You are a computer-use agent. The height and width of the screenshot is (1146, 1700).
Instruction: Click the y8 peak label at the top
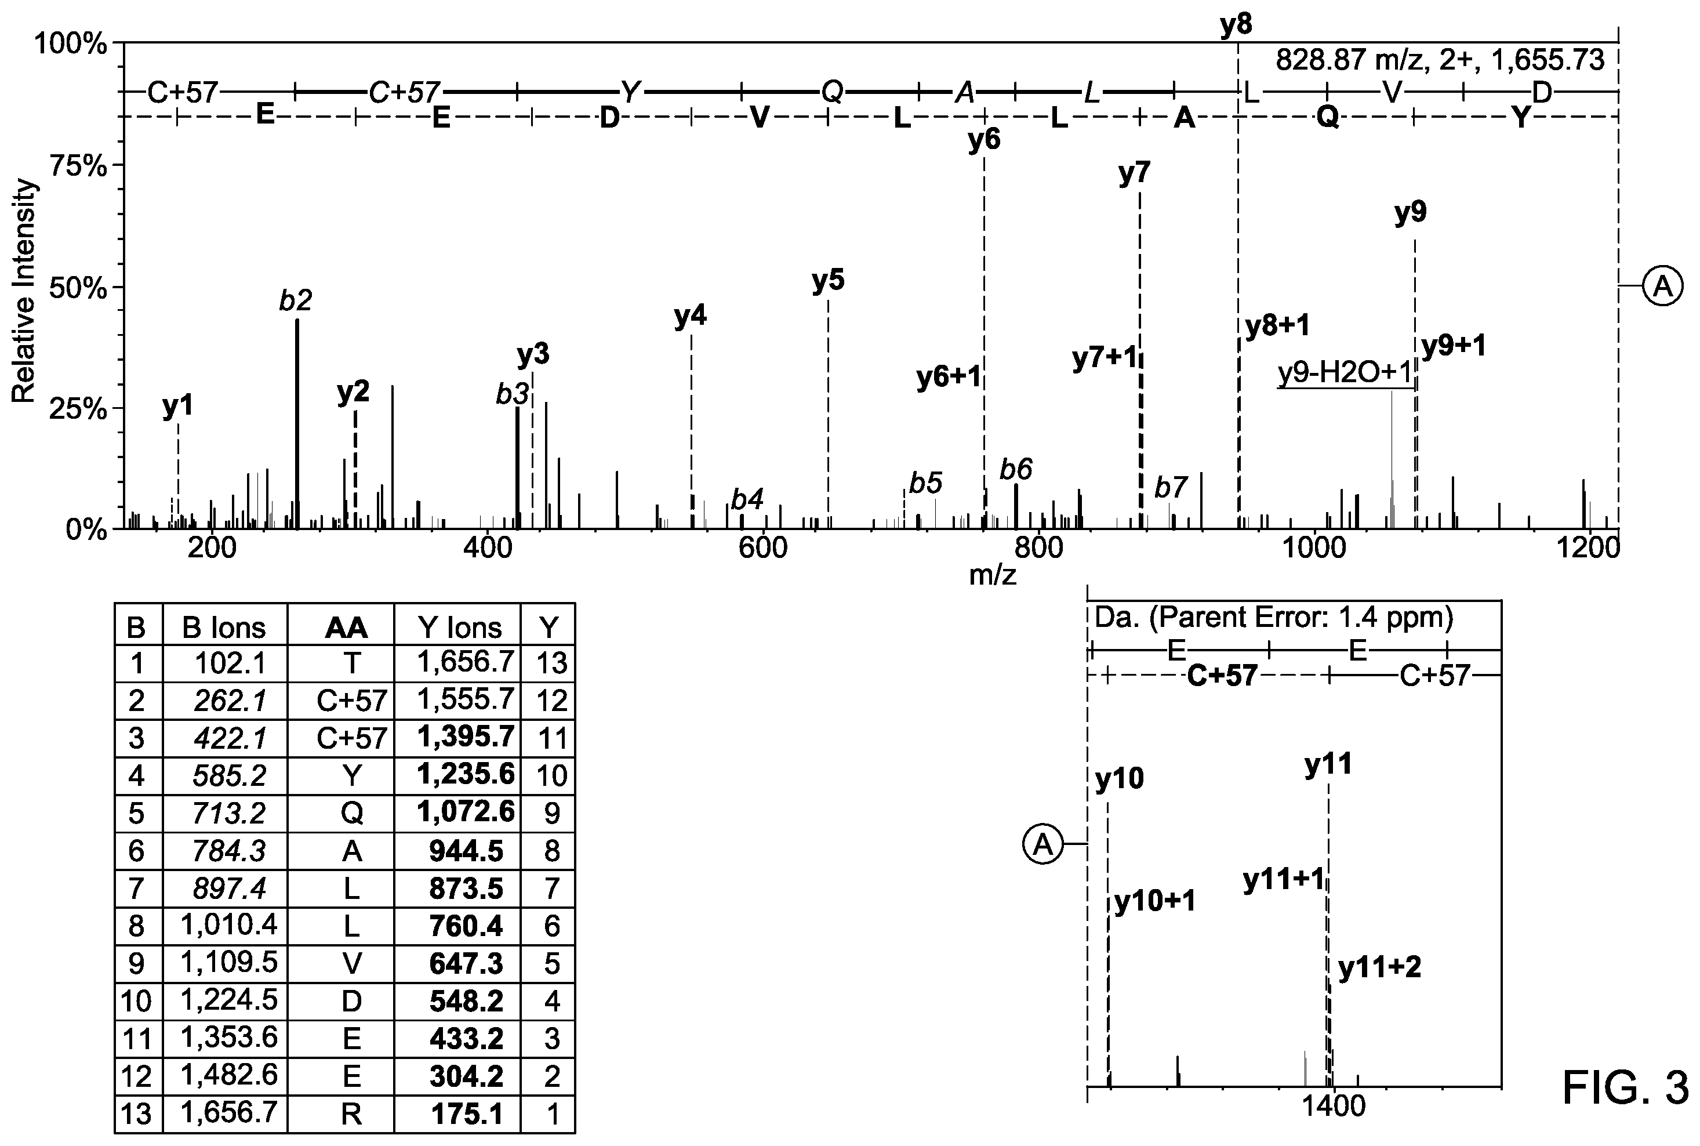click(1236, 25)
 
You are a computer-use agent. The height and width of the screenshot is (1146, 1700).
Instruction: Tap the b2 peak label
click(296, 300)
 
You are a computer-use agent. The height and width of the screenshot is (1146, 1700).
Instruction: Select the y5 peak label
click(828, 280)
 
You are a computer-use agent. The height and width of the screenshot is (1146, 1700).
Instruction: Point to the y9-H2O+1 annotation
click(1344, 373)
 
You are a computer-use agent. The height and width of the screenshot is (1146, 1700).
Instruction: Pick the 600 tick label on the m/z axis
click(764, 548)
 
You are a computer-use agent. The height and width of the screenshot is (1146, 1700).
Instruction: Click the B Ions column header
click(224, 627)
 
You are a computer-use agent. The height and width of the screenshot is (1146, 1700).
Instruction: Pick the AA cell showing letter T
click(351, 663)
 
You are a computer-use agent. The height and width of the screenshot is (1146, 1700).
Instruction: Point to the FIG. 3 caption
click(1625, 1087)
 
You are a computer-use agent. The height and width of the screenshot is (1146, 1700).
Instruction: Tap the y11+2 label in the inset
click(1379, 968)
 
